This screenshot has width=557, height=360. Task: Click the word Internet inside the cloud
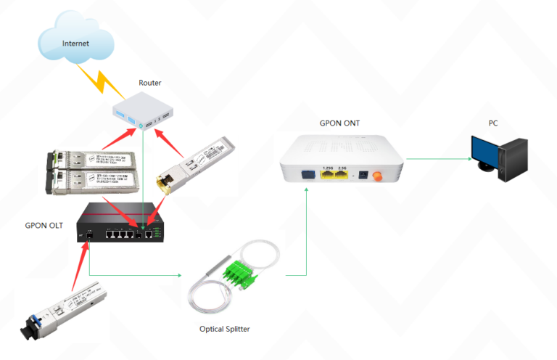[75, 43]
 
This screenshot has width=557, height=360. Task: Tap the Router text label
[150, 83]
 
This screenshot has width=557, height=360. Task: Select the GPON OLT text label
[49, 225]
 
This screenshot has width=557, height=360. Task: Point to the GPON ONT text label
[339, 123]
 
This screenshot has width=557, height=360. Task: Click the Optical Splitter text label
[225, 329]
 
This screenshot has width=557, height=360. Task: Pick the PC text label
[492, 123]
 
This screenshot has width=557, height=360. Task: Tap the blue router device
[144, 112]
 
